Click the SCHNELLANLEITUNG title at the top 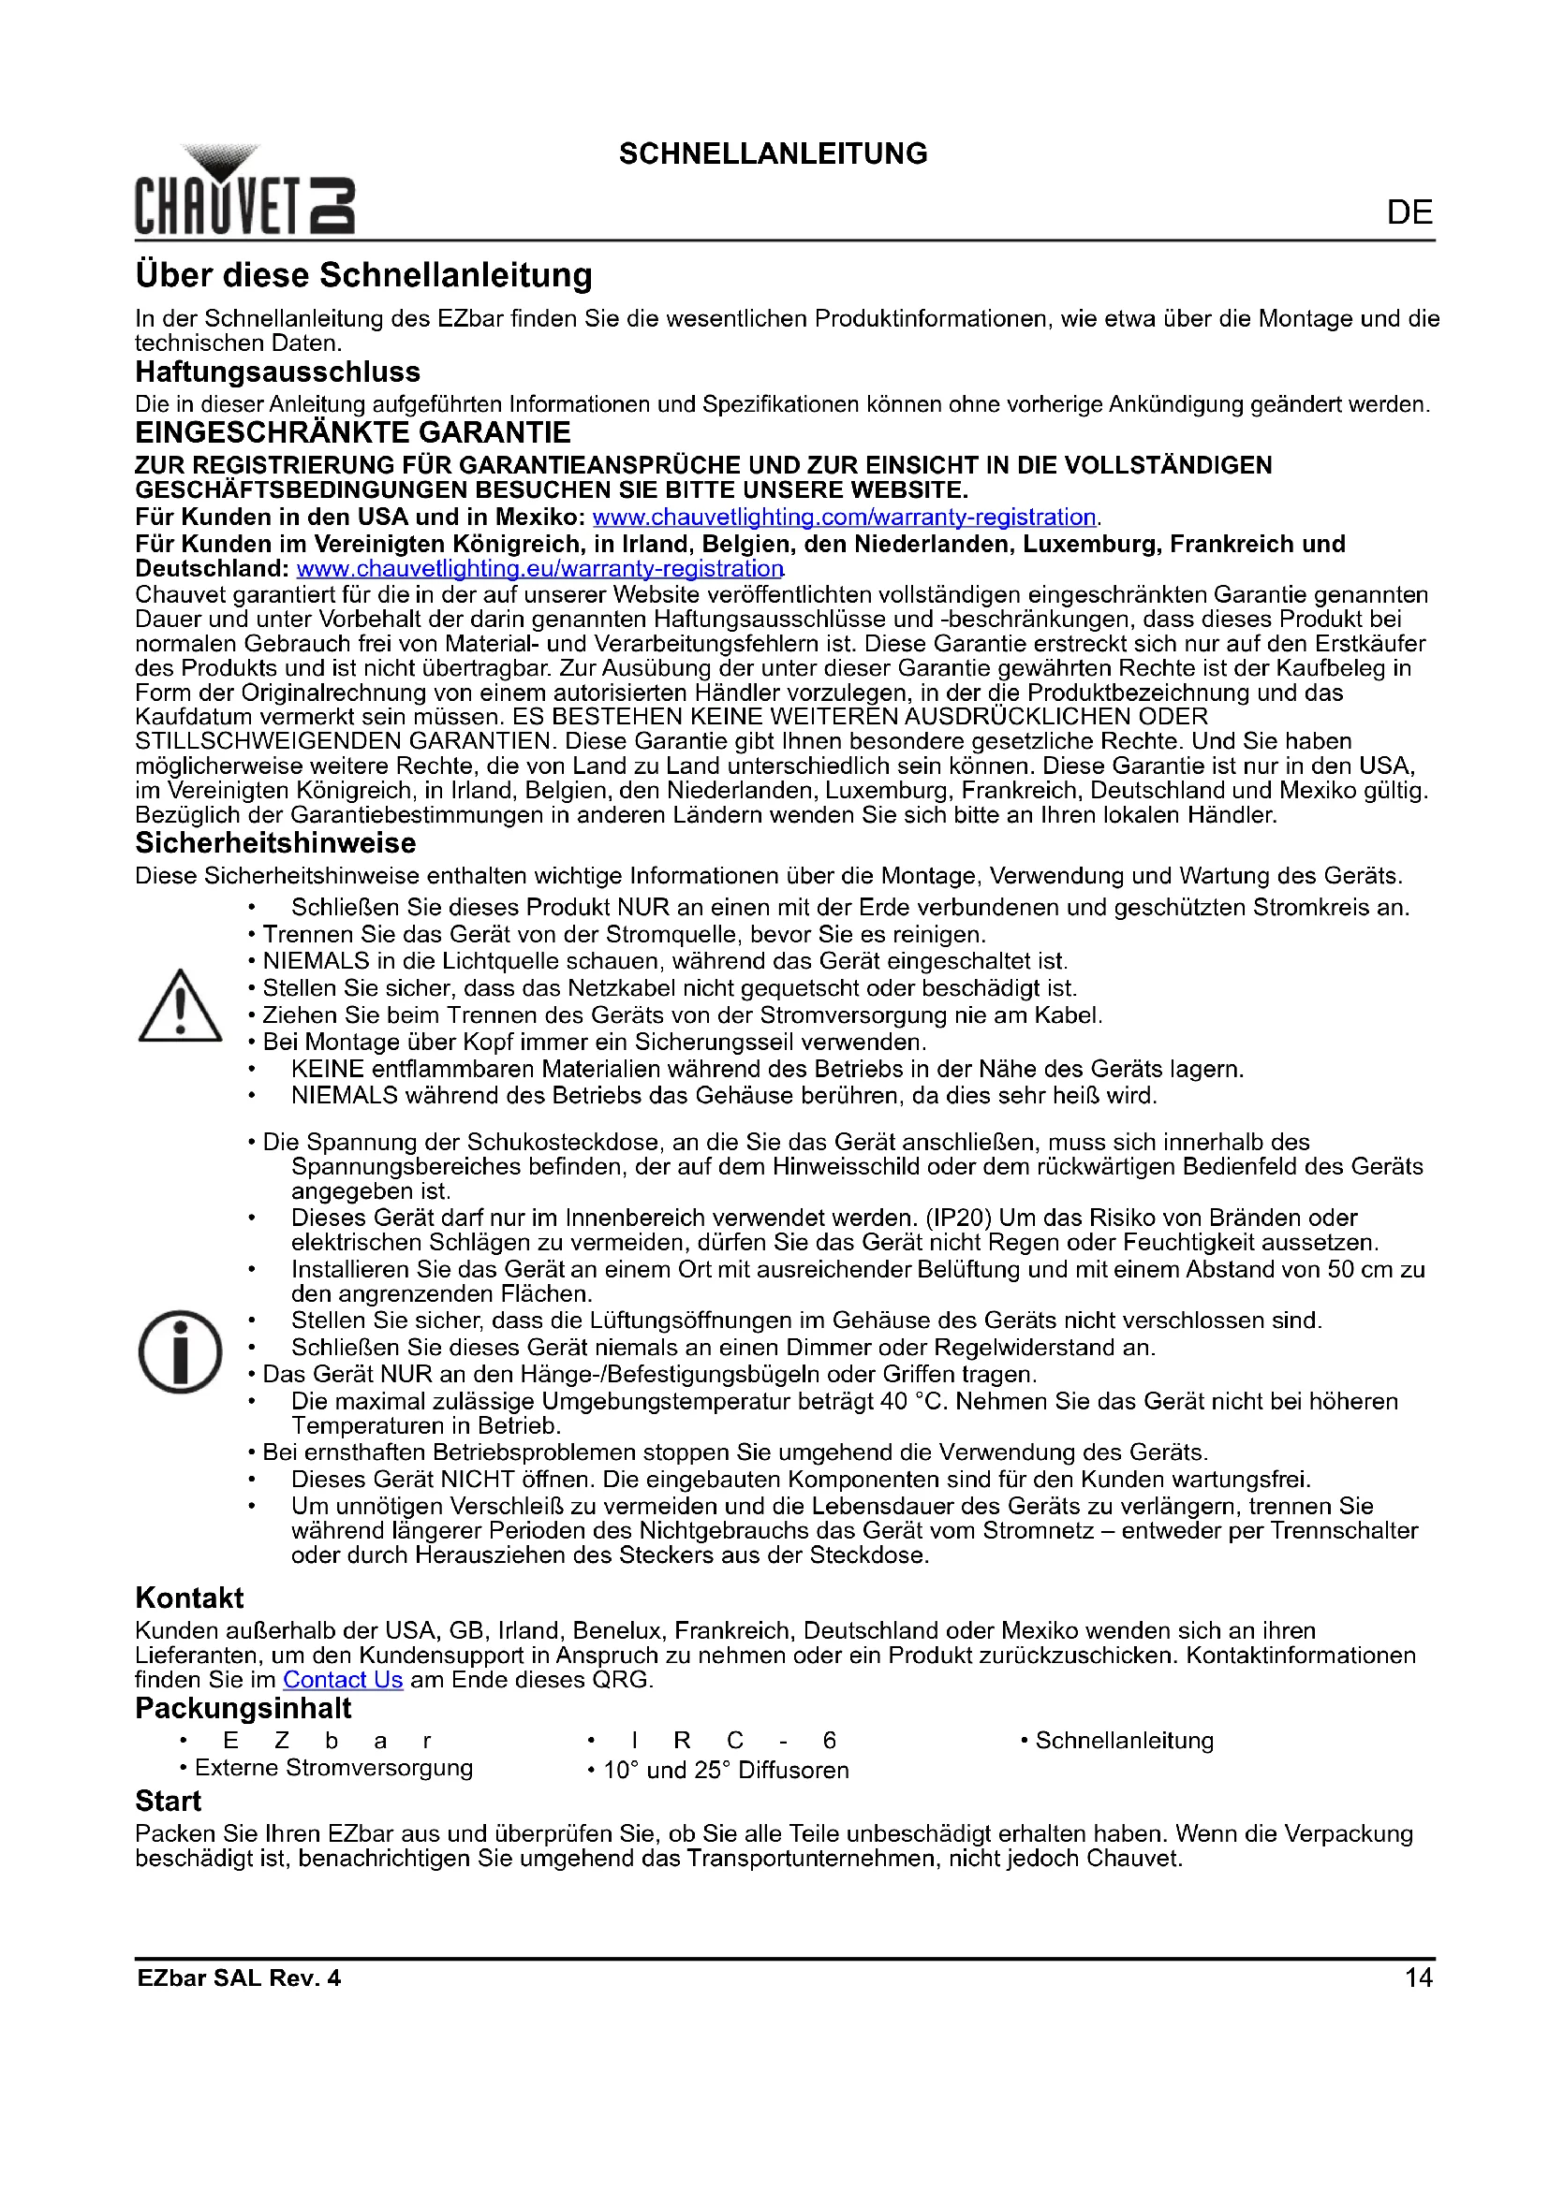pyautogui.click(x=773, y=154)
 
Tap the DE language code pyautogui.click(x=1409, y=212)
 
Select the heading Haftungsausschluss pyautogui.click(x=277, y=372)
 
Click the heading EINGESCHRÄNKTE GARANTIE pyautogui.click(x=353, y=433)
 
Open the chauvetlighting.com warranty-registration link pyautogui.click(x=844, y=518)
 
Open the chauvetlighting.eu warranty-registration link pyautogui.click(x=539, y=569)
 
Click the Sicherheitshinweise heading pyautogui.click(x=275, y=844)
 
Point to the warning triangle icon pyautogui.click(x=180, y=1007)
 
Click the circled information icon pyautogui.click(x=180, y=1352)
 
